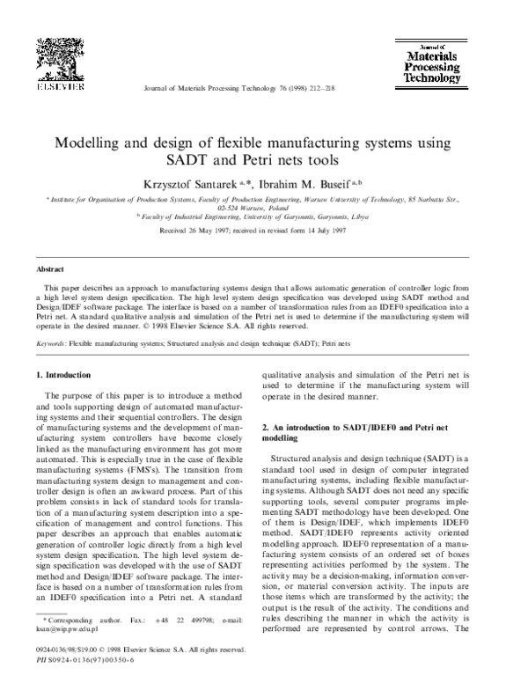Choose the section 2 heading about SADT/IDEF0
pyautogui.click(x=339, y=430)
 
